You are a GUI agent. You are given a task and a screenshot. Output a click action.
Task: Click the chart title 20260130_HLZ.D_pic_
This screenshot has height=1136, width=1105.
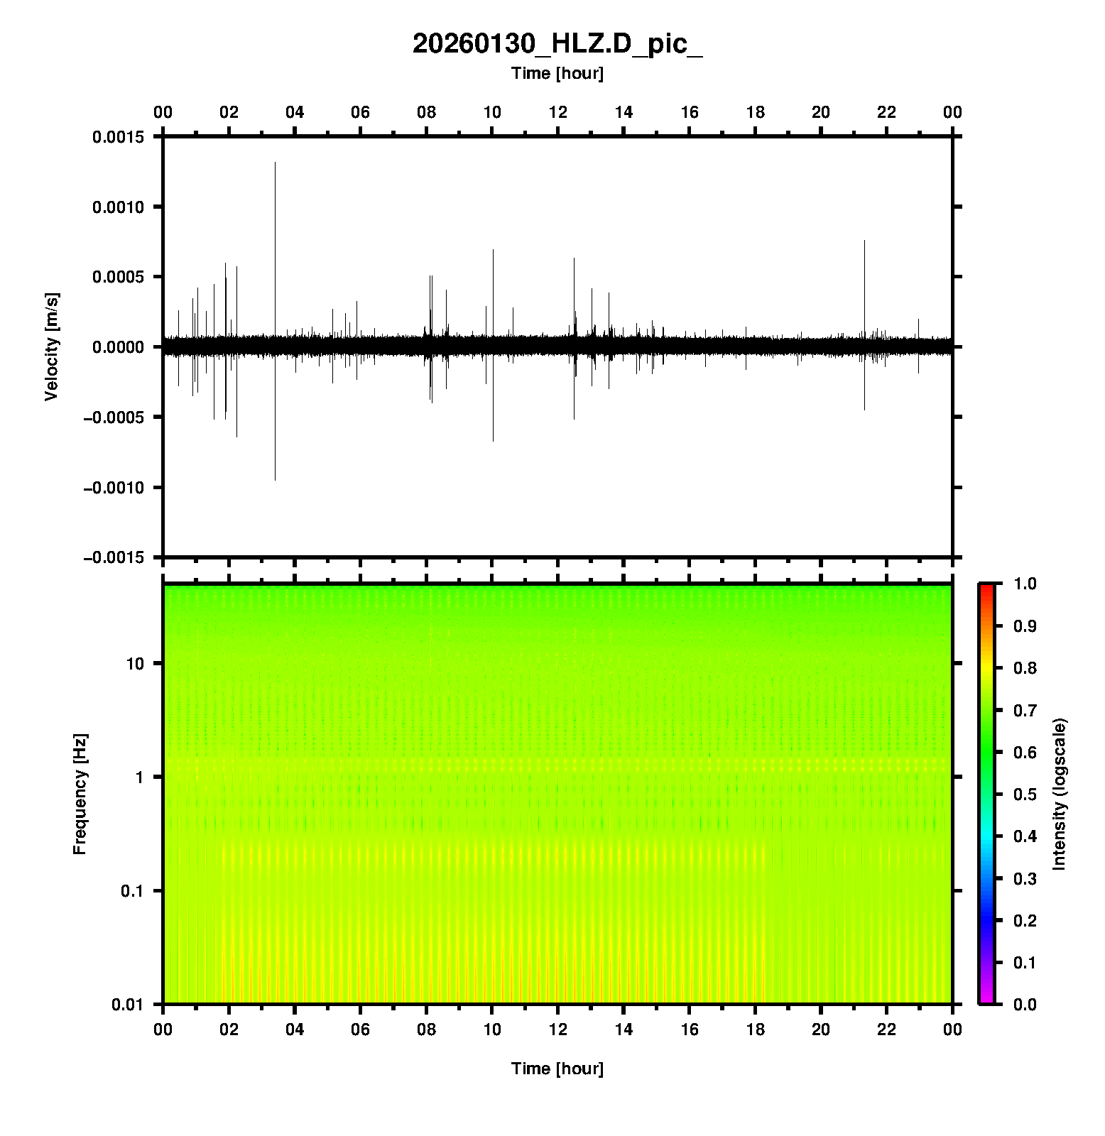[557, 44]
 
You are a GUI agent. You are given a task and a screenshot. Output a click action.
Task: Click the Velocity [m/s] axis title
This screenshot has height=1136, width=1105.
[51, 346]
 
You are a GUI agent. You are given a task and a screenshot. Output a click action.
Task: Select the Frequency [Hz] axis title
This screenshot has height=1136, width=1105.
[80, 794]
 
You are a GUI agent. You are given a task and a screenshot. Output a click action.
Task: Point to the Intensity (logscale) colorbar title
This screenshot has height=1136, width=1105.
[1060, 794]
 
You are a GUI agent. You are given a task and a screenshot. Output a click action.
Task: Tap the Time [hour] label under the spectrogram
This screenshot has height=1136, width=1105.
[557, 1069]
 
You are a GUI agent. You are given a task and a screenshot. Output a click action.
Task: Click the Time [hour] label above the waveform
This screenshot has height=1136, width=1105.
[557, 73]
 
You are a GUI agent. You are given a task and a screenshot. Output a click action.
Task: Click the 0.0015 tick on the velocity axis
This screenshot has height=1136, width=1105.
[118, 137]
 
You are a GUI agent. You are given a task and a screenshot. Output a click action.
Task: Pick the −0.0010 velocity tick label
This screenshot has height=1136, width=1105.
[114, 488]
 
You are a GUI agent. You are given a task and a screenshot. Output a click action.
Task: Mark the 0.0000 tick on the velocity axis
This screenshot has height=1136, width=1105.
[118, 347]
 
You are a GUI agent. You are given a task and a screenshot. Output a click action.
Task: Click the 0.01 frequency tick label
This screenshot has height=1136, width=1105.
[128, 1005]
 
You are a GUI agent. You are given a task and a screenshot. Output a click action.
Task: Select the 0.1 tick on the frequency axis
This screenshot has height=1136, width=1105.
[131, 891]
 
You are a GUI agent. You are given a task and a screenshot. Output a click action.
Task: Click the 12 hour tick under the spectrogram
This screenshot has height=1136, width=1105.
[558, 1029]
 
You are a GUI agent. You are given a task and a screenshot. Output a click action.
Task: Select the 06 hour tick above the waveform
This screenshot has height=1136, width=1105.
[361, 112]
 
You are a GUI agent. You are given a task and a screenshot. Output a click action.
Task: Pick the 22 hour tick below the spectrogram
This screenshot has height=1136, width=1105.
[887, 1029]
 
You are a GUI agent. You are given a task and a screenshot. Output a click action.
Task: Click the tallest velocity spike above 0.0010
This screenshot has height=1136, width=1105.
[275, 163]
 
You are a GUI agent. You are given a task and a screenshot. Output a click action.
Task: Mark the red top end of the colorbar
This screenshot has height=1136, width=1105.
[986, 586]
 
